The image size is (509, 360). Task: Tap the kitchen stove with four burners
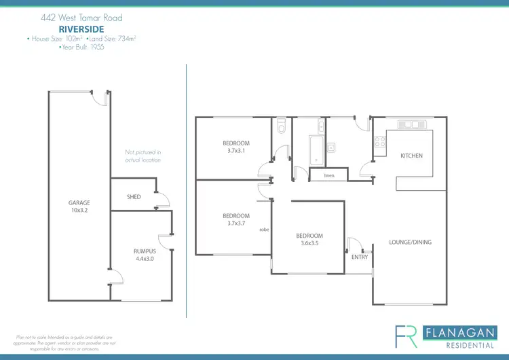[381, 143]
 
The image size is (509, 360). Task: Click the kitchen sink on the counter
[411, 124]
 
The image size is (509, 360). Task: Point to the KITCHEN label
[411, 156]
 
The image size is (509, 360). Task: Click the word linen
[329, 176]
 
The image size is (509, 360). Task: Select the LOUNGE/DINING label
[410, 242]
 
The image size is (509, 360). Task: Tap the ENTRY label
[360, 257]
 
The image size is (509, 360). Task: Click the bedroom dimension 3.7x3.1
[236, 151]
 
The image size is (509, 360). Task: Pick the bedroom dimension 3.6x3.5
[309, 243]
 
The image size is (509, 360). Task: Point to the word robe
[265, 230]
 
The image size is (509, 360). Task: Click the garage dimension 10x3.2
[79, 210]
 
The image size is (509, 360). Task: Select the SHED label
[134, 197]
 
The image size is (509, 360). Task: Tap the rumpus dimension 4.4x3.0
[145, 258]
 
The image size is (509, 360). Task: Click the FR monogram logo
[407, 337]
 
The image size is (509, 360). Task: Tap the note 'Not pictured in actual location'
[143, 156]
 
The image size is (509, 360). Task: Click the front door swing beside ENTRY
[355, 244]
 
